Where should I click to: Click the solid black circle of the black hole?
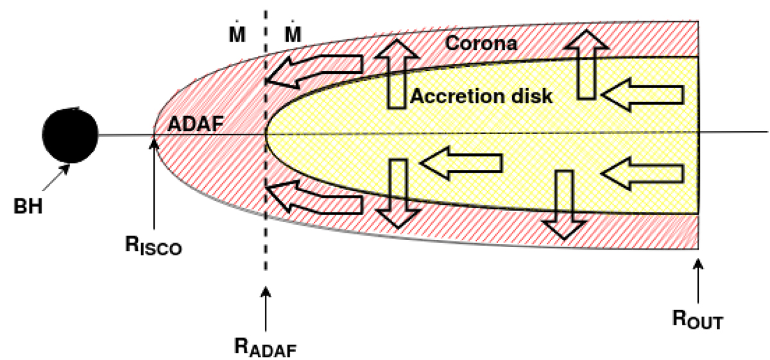point(70,135)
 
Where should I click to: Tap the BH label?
point(28,206)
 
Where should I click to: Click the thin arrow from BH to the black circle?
point(56,177)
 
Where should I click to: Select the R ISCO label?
point(153,246)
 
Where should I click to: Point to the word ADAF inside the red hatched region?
point(195,124)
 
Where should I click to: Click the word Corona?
point(481,44)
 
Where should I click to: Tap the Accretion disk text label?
point(481,96)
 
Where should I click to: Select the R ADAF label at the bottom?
point(266,347)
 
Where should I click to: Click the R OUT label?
point(698,320)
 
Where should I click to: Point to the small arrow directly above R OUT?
point(698,281)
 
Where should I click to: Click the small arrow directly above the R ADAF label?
point(266,309)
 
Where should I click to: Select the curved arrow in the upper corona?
point(314,71)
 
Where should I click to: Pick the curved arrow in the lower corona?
point(314,198)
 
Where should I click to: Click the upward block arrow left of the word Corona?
point(397,74)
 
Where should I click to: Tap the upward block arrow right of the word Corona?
point(586,64)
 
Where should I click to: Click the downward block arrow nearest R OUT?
point(564,205)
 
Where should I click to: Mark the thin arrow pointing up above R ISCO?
point(154,184)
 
